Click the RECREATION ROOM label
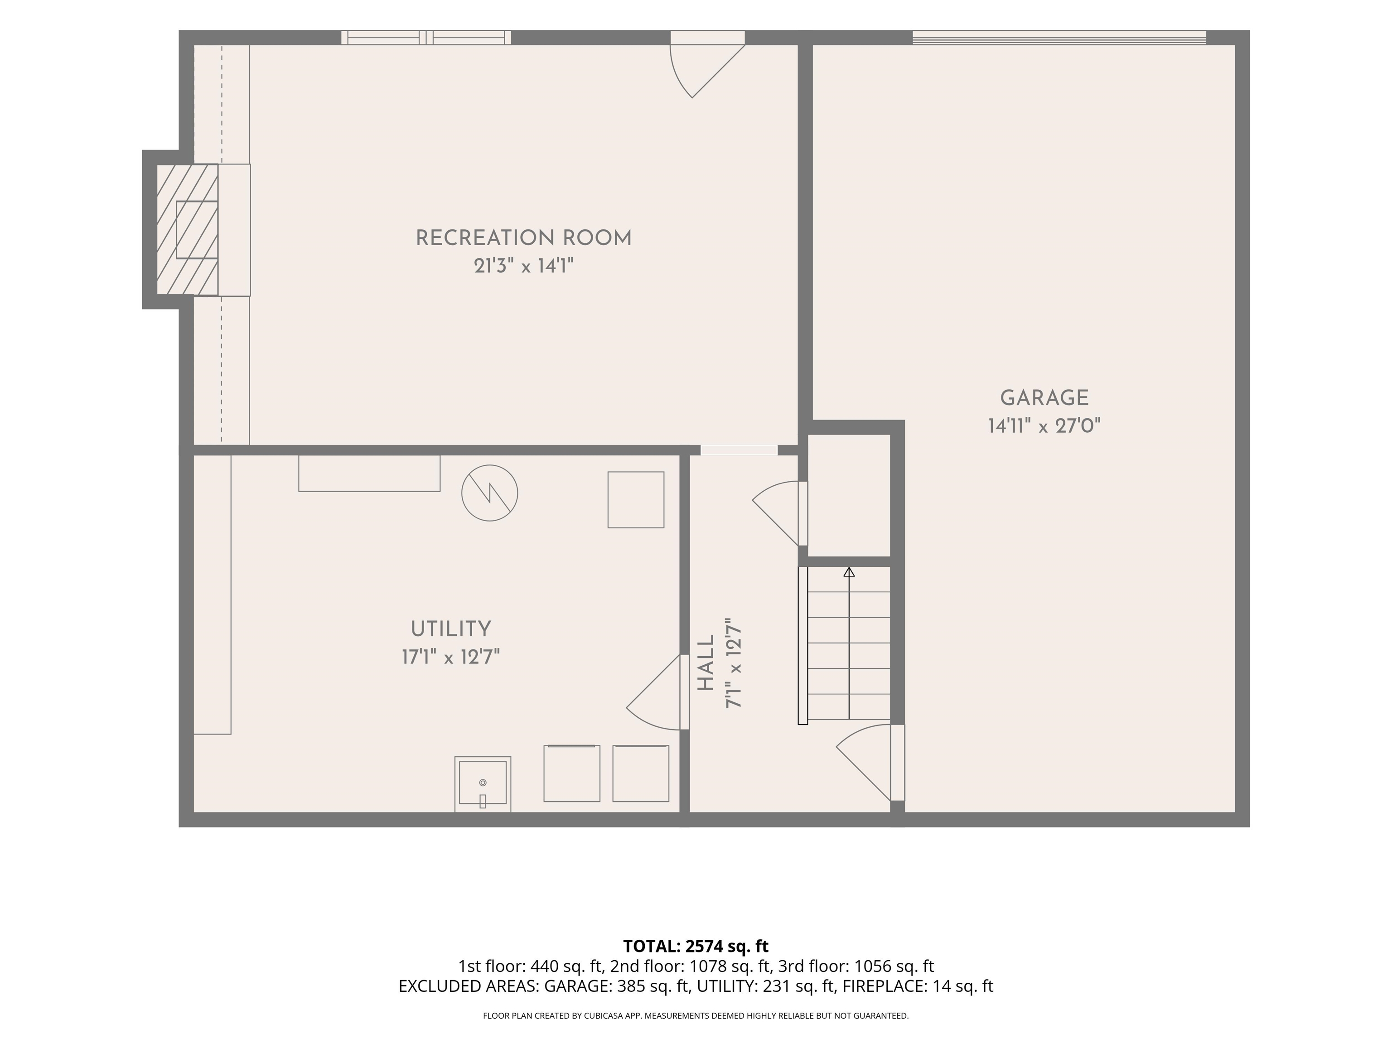point(523,238)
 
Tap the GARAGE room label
point(1044,398)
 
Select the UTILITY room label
point(450,628)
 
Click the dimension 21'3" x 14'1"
point(523,266)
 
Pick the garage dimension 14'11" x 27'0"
point(1044,426)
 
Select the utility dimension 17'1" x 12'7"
point(450,657)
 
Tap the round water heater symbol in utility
point(489,493)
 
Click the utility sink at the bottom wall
point(483,784)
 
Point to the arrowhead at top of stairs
point(849,572)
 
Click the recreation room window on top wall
point(426,38)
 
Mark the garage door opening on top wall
point(1059,38)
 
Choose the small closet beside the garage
point(849,495)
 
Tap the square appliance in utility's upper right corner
point(636,500)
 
